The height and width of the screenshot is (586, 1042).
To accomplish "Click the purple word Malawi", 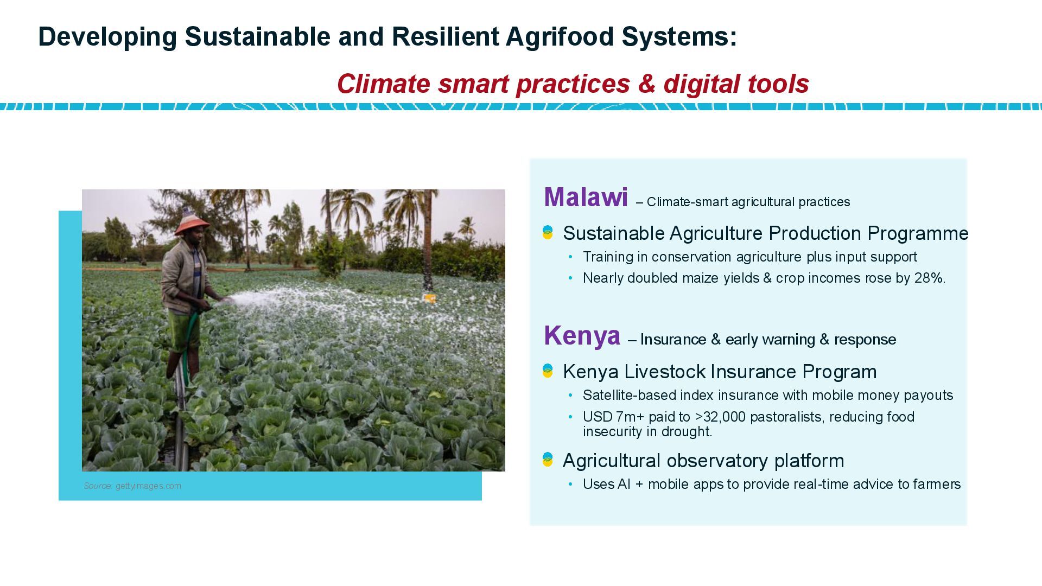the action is click(x=586, y=197).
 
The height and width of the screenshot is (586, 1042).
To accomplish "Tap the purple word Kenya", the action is click(x=582, y=335).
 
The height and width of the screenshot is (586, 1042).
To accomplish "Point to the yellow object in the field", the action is click(x=430, y=298).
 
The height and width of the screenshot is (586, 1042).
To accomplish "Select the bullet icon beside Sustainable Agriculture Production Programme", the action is click(x=548, y=233).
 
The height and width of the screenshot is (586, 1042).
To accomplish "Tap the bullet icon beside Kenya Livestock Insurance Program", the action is click(x=548, y=371).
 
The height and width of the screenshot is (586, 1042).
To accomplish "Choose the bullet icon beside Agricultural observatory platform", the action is click(x=548, y=460).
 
